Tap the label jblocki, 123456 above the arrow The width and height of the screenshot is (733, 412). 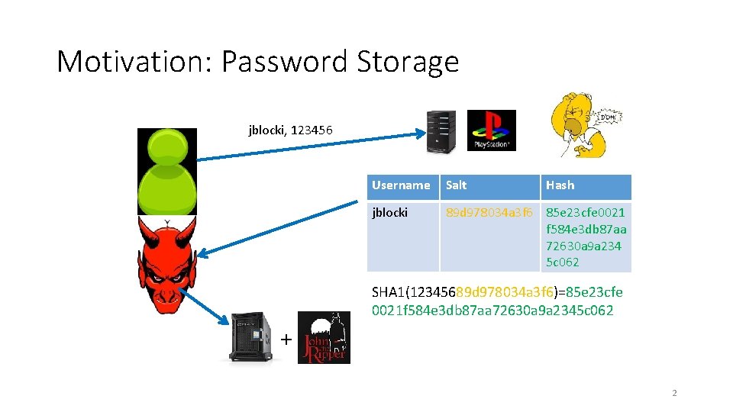290,130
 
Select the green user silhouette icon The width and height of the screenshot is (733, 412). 166,172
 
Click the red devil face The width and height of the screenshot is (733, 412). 166,263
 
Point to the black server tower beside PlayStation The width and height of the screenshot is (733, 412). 441,130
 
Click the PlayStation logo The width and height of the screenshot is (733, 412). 491,130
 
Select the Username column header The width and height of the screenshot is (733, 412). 401,185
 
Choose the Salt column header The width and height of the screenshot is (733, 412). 457,185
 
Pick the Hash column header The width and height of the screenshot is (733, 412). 560,185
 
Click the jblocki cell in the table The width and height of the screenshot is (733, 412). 390,213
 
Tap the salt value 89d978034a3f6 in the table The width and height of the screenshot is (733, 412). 489,213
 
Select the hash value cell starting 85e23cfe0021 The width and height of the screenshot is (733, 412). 586,237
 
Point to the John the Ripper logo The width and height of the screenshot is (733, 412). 323,337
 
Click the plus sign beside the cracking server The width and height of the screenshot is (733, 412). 286,339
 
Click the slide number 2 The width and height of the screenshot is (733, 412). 674,393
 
